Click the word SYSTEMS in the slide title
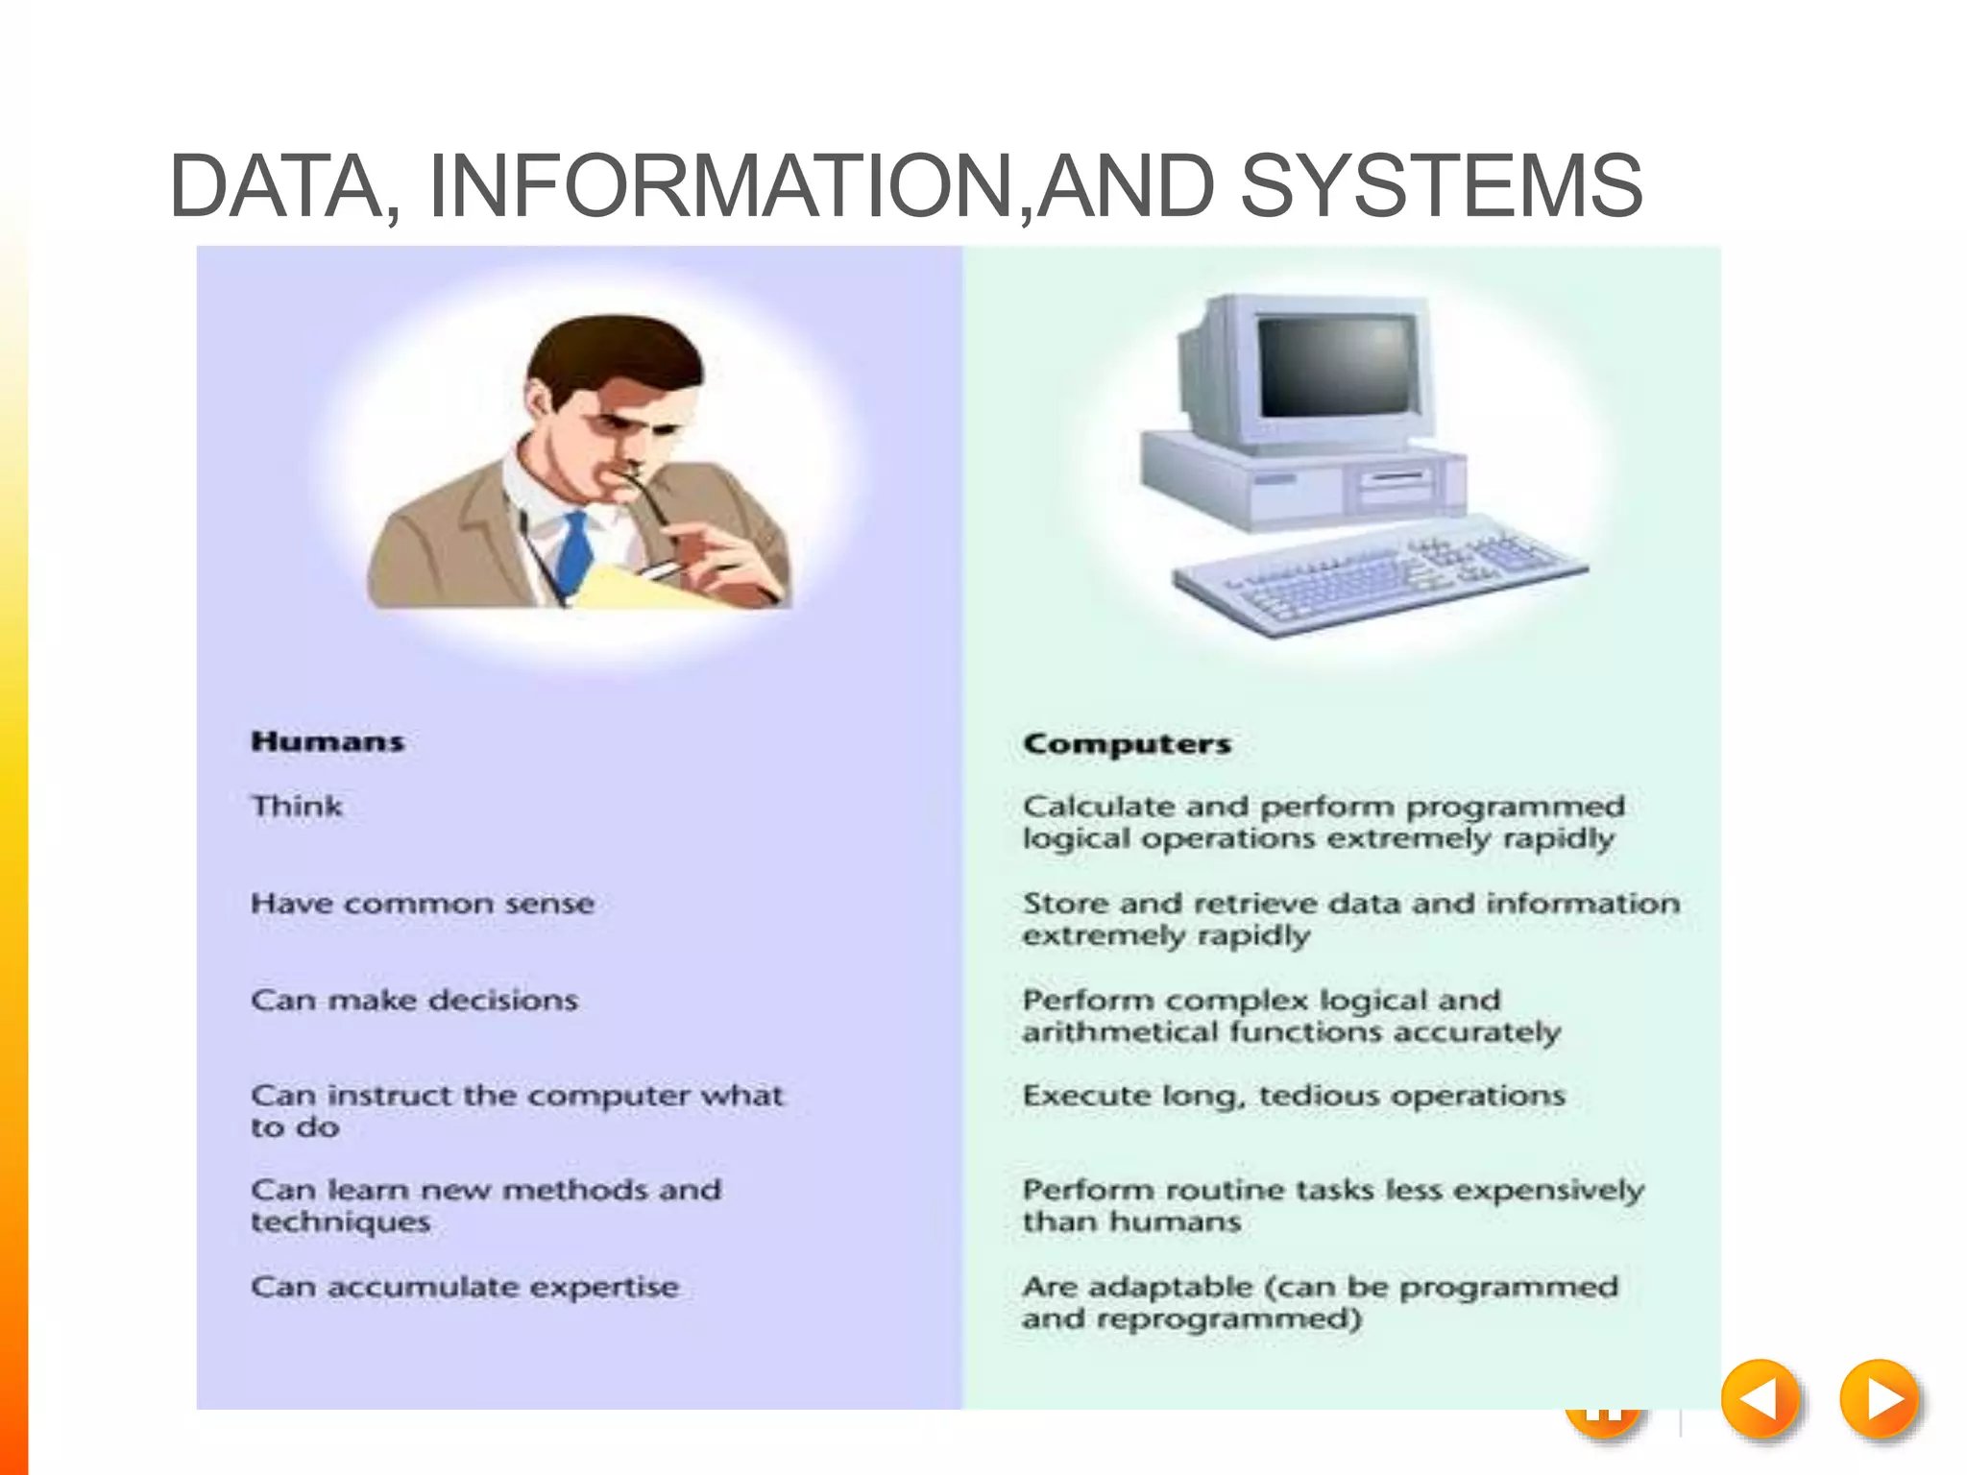[1441, 185]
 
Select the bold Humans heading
[328, 741]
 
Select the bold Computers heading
[1127, 743]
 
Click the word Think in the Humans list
[297, 806]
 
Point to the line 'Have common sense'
[423, 904]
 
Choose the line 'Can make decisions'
[415, 1000]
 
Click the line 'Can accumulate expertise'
[465, 1287]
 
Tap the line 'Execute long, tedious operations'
[1294, 1096]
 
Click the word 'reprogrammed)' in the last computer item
[1229, 1319]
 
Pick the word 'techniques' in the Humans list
[341, 1222]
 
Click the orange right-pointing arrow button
[1880, 1399]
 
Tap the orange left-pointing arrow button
[1760, 1399]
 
